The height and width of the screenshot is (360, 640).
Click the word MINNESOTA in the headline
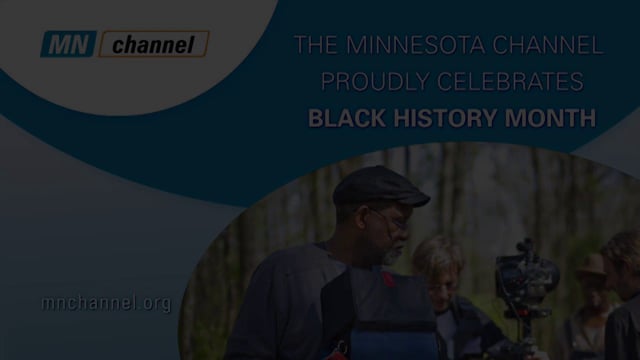click(x=431, y=45)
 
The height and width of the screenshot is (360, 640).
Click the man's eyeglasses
click(x=391, y=220)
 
